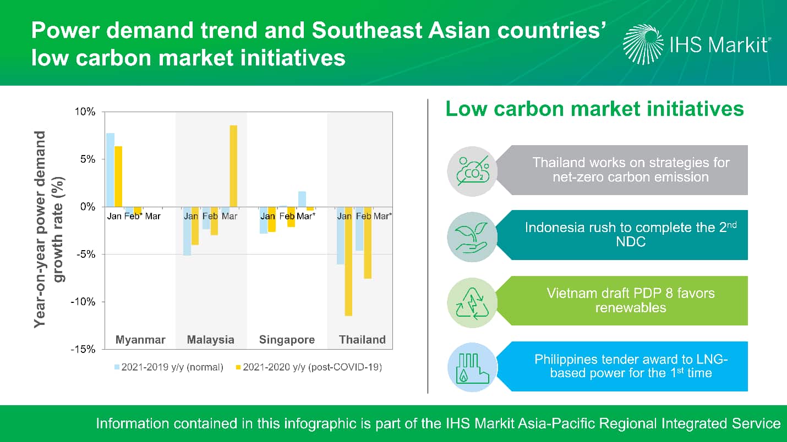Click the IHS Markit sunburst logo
[643, 45]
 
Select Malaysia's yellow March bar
[233, 166]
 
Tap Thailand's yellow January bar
[348, 261]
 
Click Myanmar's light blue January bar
[110, 170]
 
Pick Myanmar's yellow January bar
[118, 176]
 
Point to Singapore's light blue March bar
[302, 199]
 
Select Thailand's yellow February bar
[368, 242]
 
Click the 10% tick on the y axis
[85, 112]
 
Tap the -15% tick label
[83, 349]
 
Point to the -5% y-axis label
[86, 254]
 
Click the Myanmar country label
[140, 340]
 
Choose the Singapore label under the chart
[287, 340]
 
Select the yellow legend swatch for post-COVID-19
[238, 367]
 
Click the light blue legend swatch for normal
[117, 367]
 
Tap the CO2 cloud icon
[473, 171]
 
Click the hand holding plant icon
[472, 237]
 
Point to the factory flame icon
[472, 368]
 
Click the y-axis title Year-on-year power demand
[40, 230]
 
